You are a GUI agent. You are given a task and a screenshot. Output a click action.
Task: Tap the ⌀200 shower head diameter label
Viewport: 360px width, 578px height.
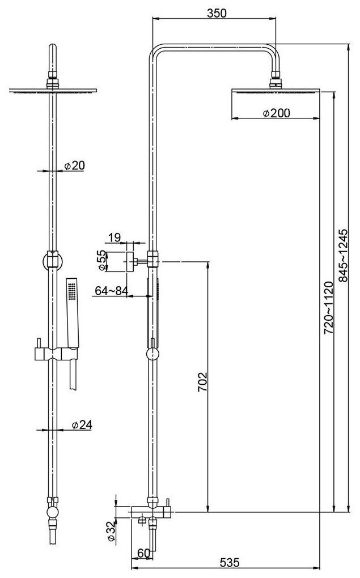click(277, 113)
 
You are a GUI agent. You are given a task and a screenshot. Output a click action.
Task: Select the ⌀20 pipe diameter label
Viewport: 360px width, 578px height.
click(74, 165)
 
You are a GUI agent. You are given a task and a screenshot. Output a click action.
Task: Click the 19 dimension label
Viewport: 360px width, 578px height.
click(115, 237)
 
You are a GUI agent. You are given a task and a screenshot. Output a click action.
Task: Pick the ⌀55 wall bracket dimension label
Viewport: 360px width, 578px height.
click(101, 260)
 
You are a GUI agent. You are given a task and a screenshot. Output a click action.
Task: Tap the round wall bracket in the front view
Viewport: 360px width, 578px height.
click(52, 261)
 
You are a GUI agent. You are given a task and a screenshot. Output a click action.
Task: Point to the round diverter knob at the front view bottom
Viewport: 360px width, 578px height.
click(52, 513)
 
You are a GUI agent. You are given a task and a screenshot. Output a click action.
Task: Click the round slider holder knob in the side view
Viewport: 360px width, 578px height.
click(152, 355)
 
